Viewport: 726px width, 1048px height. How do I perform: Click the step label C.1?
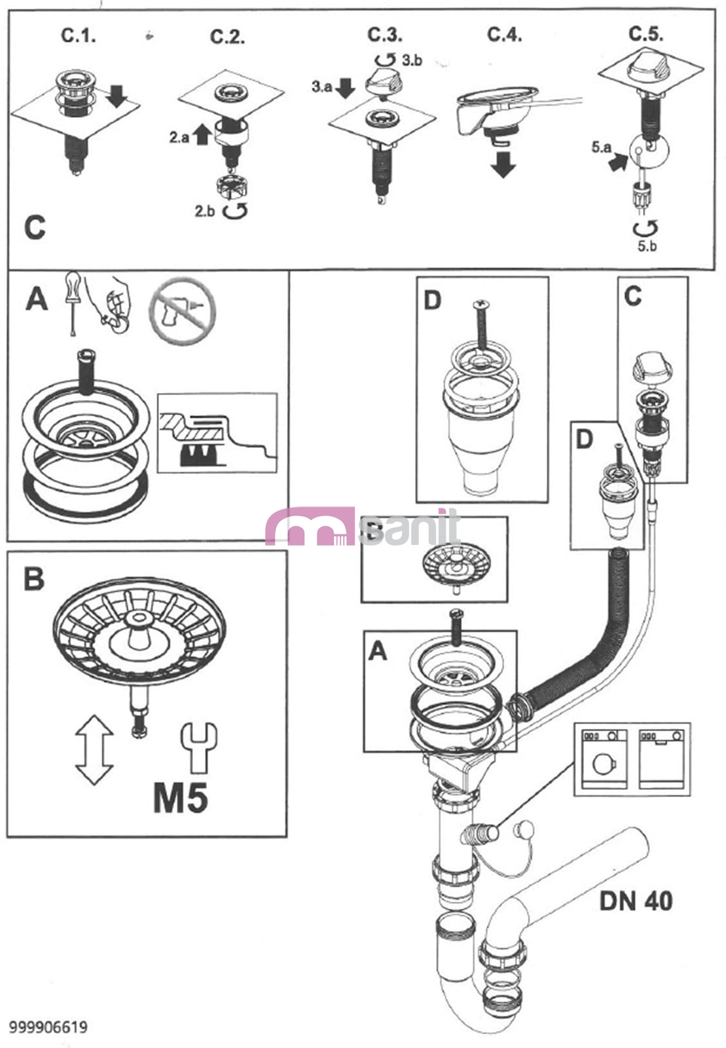[x=79, y=35]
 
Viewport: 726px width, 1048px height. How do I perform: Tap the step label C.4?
[x=504, y=34]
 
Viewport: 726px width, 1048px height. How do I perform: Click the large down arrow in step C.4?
[x=502, y=164]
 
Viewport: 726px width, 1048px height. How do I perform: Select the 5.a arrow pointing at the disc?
[x=616, y=162]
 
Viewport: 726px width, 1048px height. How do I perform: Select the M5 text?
[x=180, y=798]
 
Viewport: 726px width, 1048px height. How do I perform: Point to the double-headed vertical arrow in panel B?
[x=94, y=749]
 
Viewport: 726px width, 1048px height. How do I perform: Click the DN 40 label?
[x=636, y=901]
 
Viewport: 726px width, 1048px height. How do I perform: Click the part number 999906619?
[x=48, y=1026]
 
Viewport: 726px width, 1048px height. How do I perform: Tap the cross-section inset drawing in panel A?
[x=217, y=433]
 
